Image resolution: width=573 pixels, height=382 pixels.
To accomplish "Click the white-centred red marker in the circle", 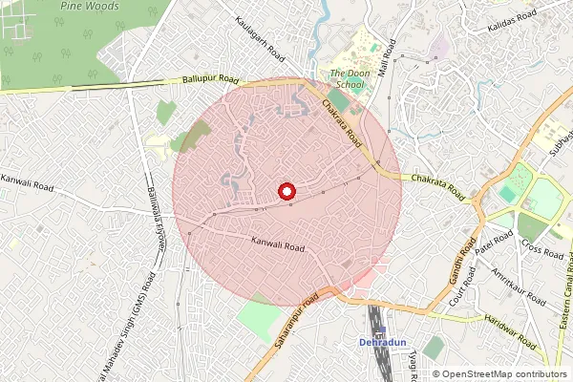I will tap(286, 191).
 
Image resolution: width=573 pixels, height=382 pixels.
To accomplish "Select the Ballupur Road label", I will tap(210, 81).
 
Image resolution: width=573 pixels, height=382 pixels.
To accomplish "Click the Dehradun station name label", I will tap(382, 342).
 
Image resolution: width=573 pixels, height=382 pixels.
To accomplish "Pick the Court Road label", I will tap(463, 287).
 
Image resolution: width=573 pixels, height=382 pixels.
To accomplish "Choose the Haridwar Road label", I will tap(510, 329).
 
